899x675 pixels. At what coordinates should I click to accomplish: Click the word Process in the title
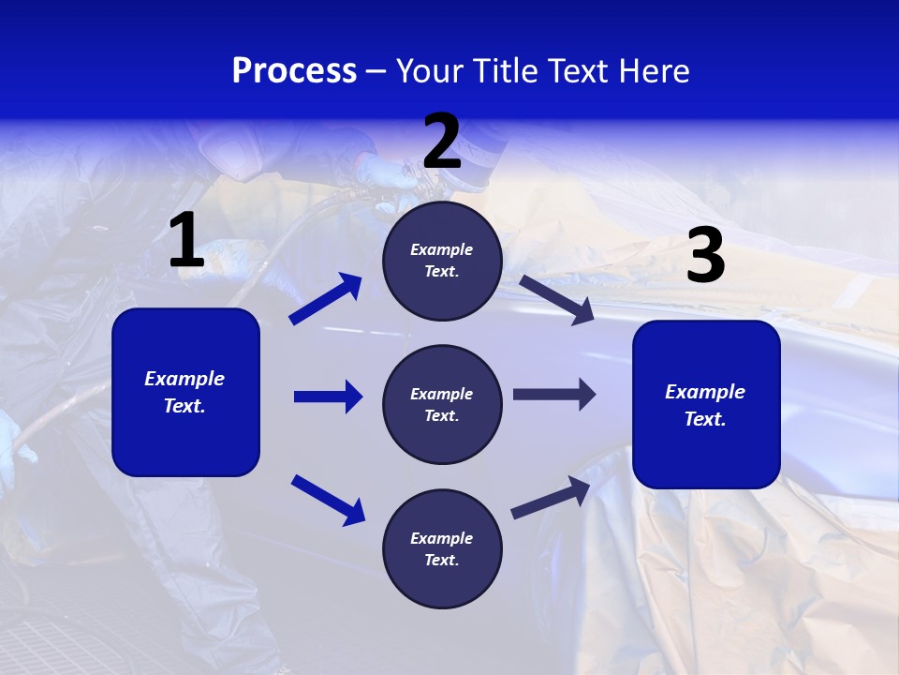(294, 70)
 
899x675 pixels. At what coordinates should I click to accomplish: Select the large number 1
(186, 241)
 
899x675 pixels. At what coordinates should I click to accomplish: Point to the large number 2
(442, 142)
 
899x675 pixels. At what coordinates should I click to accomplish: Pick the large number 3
(705, 256)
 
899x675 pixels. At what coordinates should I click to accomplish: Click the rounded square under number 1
(185, 392)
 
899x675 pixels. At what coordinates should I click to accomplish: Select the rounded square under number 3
(706, 404)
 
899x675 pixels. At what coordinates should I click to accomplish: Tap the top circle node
(442, 261)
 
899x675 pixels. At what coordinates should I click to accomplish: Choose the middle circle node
(442, 404)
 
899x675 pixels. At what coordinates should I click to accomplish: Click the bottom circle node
(442, 548)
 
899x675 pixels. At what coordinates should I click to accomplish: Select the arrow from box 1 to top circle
(326, 298)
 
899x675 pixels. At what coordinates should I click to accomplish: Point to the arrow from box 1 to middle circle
(328, 397)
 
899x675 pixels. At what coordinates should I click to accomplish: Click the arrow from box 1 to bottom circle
(328, 500)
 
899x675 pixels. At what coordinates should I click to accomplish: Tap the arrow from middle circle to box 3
(554, 395)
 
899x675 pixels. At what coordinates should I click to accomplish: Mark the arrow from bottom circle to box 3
(551, 497)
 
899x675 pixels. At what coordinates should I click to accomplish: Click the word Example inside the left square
(184, 379)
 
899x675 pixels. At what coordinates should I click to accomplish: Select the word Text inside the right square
(705, 419)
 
